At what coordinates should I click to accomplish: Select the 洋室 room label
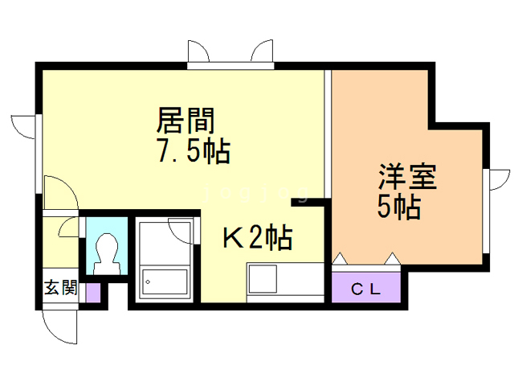(407, 177)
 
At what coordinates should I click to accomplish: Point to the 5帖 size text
(399, 207)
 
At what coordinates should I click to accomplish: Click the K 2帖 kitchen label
(256, 237)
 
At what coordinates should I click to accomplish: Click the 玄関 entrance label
(60, 288)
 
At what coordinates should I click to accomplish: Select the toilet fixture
(105, 250)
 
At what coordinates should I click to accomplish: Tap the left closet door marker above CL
(340, 258)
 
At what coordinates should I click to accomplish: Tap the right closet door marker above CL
(392, 258)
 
